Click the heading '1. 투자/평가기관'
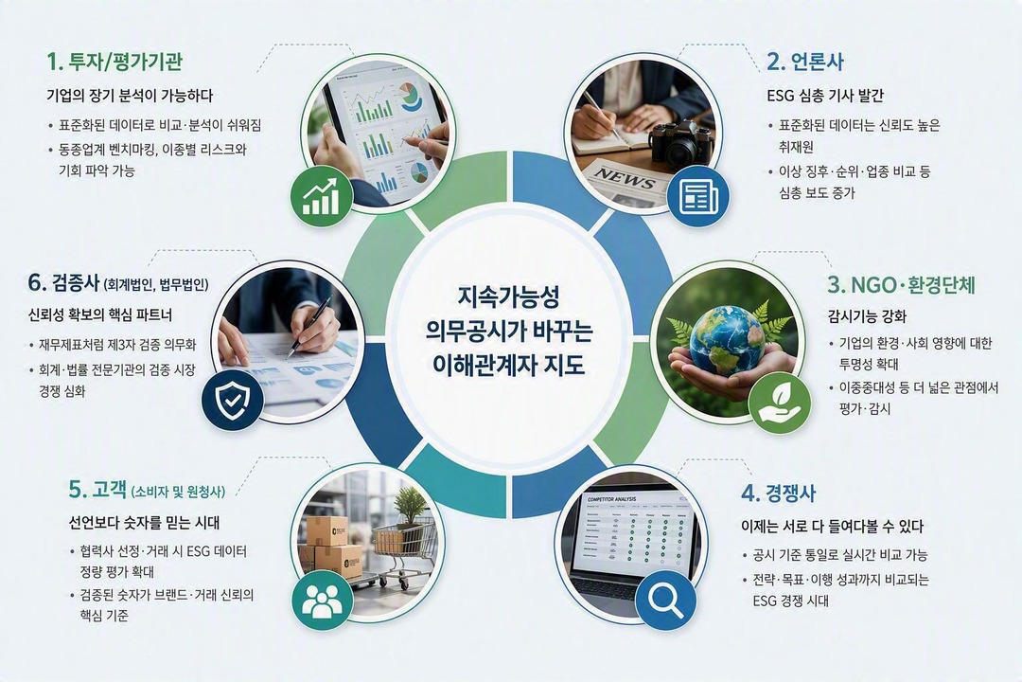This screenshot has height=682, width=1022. pyautogui.click(x=115, y=62)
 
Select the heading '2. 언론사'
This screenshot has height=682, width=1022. pyautogui.click(x=805, y=62)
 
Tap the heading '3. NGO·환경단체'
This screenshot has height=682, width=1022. pyautogui.click(x=902, y=285)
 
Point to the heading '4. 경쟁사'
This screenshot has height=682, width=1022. pyautogui.click(x=778, y=493)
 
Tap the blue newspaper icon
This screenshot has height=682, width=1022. pyautogui.click(x=698, y=196)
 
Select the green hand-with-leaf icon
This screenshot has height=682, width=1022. pyautogui.click(x=780, y=403)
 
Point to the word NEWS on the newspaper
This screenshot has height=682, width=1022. pyautogui.click(x=624, y=178)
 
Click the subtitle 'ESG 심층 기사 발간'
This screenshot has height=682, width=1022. pyautogui.click(x=825, y=96)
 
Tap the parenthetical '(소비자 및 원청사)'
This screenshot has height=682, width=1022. pyautogui.click(x=178, y=492)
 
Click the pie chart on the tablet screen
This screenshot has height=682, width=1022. pyautogui.click(x=412, y=96)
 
